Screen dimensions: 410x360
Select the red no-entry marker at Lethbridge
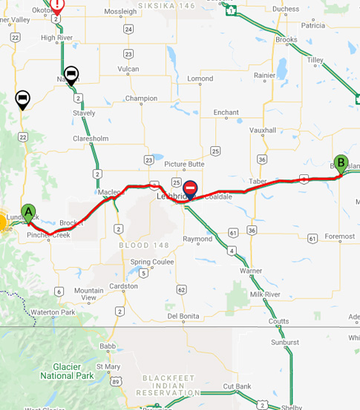pyautogui.click(x=191, y=190)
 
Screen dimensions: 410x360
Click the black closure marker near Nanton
pyautogui.click(x=71, y=75)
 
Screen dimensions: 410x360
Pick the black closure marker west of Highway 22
pyautogui.click(x=23, y=99)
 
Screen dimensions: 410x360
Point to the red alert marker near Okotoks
pyautogui.click(x=57, y=5)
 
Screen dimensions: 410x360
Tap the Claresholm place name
pyautogui.click(x=91, y=139)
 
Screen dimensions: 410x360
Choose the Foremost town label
pyautogui.click(x=339, y=237)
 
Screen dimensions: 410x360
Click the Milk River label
pyautogui.click(x=265, y=294)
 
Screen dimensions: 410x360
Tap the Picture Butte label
pyautogui.click(x=184, y=164)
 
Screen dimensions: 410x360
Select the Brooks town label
pyautogui.click(x=286, y=40)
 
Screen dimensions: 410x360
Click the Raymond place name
pyautogui.click(x=197, y=239)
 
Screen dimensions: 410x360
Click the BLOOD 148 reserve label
pyautogui.click(x=139, y=244)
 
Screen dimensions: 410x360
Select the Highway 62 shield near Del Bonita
pyautogui.click(x=182, y=288)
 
